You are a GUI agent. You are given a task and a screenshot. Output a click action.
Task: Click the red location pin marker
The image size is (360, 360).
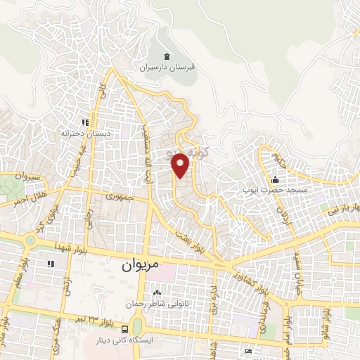(x=181, y=165)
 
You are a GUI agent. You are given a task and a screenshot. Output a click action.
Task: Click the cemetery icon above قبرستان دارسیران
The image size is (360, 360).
(x=167, y=56)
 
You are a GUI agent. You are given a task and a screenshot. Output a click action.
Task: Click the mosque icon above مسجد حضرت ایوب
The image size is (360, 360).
(x=274, y=179)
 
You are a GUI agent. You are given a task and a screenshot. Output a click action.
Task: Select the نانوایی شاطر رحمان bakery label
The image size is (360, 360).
(x=155, y=304)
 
